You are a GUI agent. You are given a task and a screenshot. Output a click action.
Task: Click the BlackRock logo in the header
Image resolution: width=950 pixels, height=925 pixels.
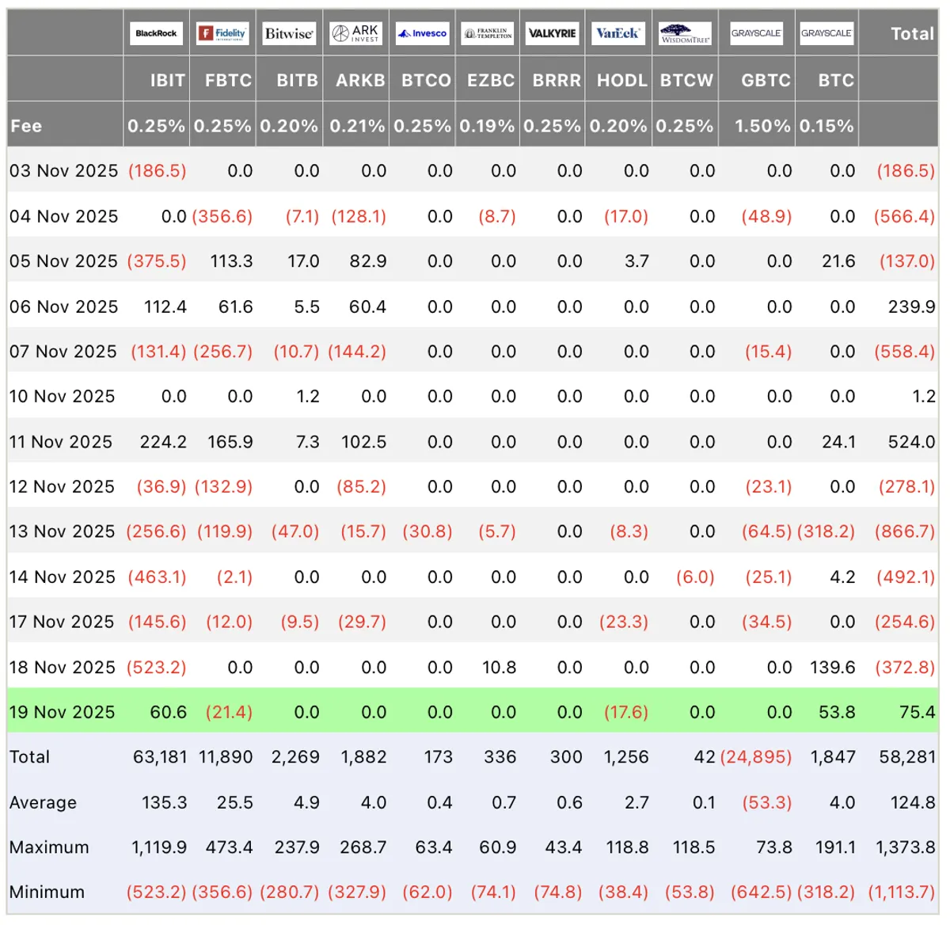tap(156, 33)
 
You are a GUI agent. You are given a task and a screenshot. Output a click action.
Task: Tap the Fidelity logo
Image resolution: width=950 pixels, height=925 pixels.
tap(222, 33)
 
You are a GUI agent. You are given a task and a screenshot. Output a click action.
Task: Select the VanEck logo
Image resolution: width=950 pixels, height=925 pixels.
tap(617, 33)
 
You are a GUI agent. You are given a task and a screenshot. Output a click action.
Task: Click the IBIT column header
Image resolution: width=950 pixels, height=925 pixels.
tap(168, 80)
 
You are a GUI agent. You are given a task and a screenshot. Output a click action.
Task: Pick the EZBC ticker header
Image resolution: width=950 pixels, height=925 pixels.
tap(491, 80)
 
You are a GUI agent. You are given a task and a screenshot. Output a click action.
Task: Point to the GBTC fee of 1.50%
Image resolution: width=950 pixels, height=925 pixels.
tap(762, 126)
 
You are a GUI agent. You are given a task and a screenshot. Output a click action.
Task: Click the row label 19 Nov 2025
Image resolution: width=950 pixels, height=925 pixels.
tap(62, 712)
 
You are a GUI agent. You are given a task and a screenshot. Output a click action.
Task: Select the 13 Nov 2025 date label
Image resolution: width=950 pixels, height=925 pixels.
tap(62, 531)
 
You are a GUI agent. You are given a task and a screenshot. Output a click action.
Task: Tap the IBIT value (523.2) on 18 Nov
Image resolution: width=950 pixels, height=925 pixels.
tap(157, 667)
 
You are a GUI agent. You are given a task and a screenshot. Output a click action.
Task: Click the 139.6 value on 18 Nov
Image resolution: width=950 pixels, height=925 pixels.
tap(832, 667)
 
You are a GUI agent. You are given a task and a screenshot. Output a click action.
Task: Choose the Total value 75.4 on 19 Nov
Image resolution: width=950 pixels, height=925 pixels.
tap(918, 712)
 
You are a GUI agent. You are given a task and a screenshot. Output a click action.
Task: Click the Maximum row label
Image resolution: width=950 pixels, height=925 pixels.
tap(49, 847)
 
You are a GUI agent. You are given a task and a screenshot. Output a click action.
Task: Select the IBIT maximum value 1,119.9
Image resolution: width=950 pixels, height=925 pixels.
tap(159, 847)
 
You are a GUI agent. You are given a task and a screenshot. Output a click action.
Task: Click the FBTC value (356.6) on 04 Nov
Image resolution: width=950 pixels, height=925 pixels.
tap(222, 216)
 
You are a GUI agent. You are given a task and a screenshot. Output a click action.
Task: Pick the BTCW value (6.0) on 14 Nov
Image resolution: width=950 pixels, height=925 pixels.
tap(695, 577)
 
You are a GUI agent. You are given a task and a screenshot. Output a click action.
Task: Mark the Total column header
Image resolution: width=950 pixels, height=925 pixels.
tap(913, 34)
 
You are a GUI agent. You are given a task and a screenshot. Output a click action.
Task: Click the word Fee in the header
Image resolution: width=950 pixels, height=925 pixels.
tap(26, 126)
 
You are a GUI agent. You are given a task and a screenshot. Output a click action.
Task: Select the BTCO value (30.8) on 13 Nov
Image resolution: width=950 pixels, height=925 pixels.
tap(427, 531)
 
